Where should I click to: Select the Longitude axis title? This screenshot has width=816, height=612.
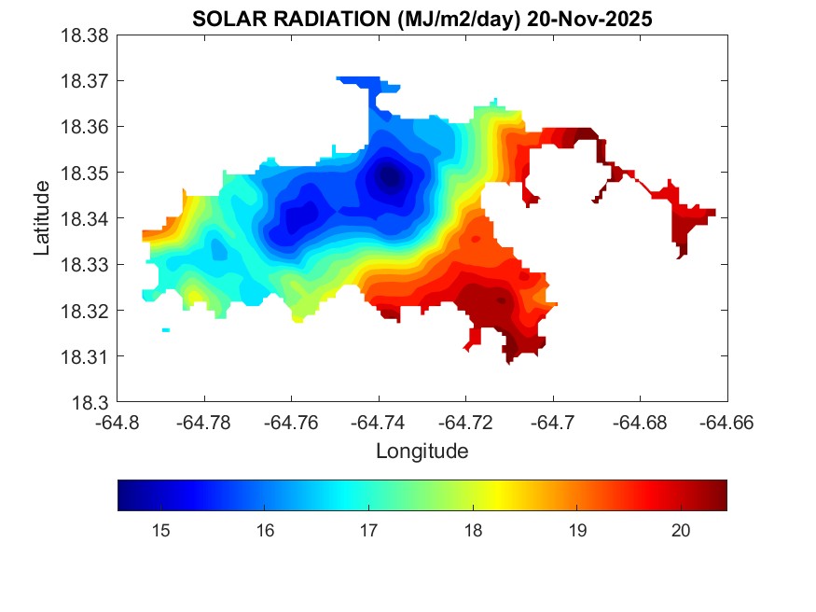[x=422, y=452]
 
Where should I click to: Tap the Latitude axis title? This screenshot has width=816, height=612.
[x=41, y=218]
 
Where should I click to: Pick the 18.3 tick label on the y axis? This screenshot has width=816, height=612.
[x=94, y=403]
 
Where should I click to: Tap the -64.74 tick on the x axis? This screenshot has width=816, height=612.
[x=379, y=422]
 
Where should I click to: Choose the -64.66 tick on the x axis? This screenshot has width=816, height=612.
[x=727, y=422]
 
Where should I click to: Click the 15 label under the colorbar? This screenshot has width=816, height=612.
[x=160, y=531]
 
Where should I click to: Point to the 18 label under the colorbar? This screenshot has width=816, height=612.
[x=473, y=531]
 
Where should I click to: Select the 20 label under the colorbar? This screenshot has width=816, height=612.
[x=681, y=531]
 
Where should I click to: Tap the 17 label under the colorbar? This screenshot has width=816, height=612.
[x=368, y=531]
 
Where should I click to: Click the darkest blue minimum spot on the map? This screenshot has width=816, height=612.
[x=390, y=175]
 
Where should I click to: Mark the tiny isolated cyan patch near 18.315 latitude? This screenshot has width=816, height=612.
[x=166, y=330]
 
